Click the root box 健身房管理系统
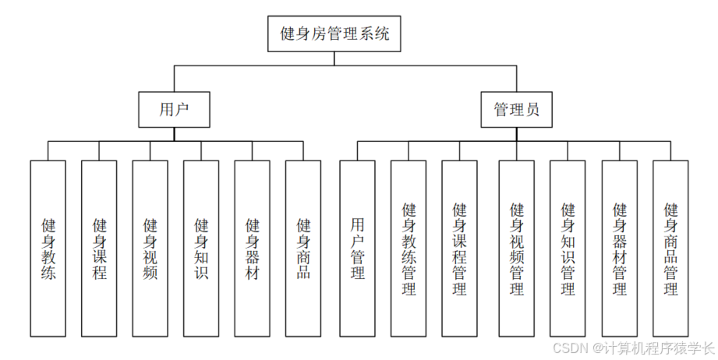point(335,34)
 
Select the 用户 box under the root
point(175,110)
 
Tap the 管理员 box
point(516,110)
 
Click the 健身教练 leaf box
point(48,248)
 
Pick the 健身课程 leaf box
point(99,248)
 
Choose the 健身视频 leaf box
point(150,248)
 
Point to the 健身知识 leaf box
point(201,248)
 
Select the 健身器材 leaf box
point(253,248)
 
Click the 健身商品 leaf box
point(303,248)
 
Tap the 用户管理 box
point(358,248)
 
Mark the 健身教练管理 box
point(409,248)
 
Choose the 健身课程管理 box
point(460,248)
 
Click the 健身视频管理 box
point(517,248)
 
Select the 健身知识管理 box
point(568,248)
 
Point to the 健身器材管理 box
point(620,248)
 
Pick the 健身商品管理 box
point(670,248)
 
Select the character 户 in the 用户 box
point(183,110)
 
